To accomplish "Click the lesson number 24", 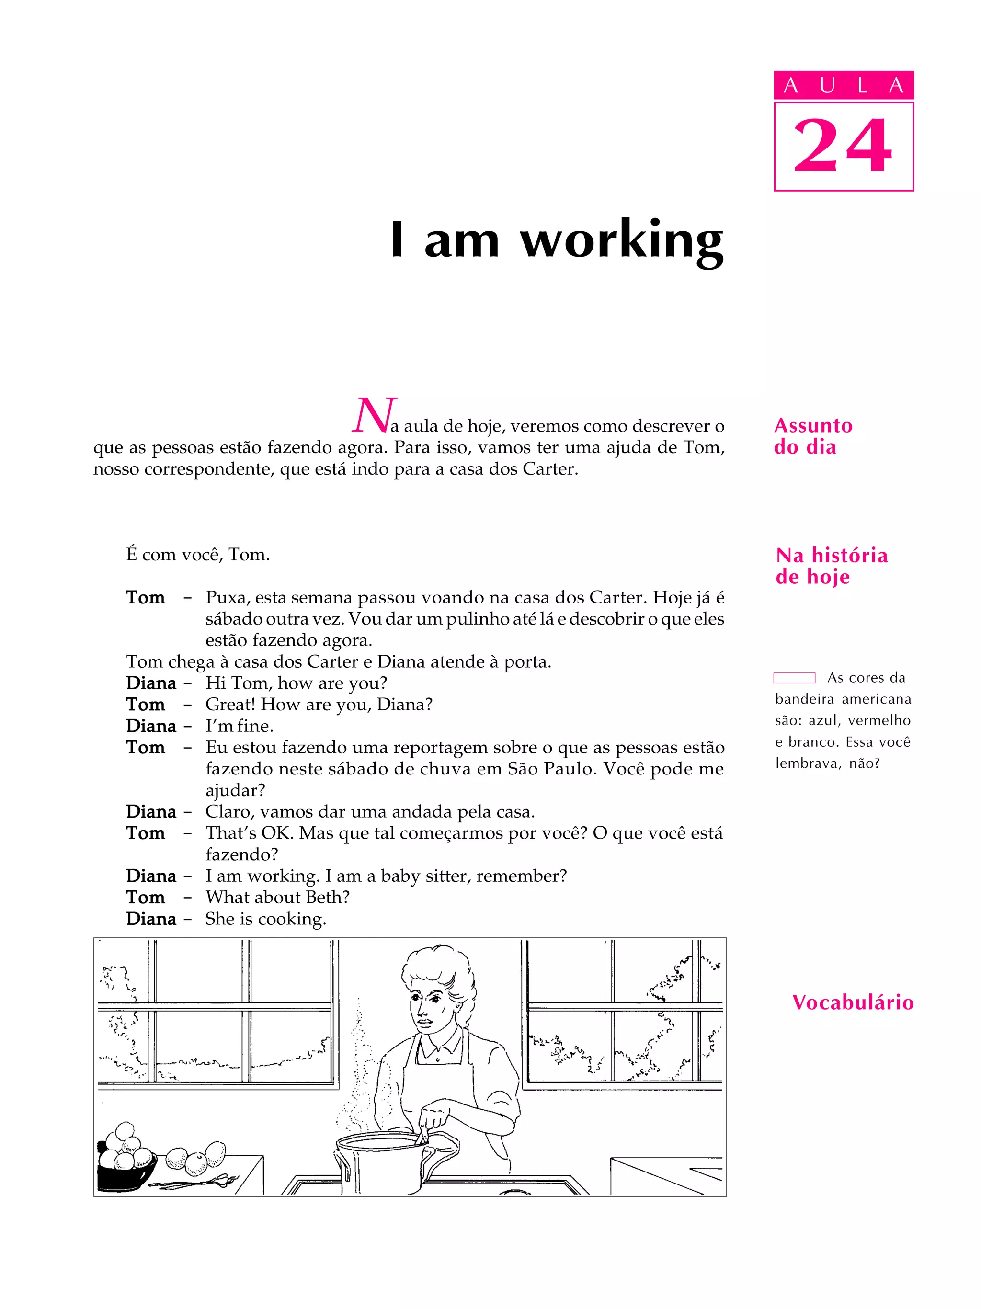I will click(x=843, y=146).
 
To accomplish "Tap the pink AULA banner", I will click(x=843, y=85).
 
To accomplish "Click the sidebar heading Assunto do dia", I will click(x=812, y=436).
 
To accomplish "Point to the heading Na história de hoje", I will click(x=831, y=566).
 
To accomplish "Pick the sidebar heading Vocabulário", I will click(x=853, y=1002).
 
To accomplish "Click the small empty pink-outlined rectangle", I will click(x=794, y=678).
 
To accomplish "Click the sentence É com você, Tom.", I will click(x=198, y=555).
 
